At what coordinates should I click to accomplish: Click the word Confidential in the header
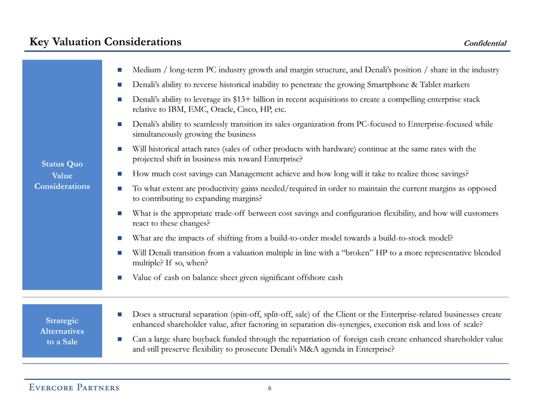tap(485, 43)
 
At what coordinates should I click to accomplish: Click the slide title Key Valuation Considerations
tap(106, 41)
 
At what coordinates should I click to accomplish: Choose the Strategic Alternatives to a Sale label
tap(62, 331)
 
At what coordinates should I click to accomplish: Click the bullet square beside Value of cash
tap(120, 278)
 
